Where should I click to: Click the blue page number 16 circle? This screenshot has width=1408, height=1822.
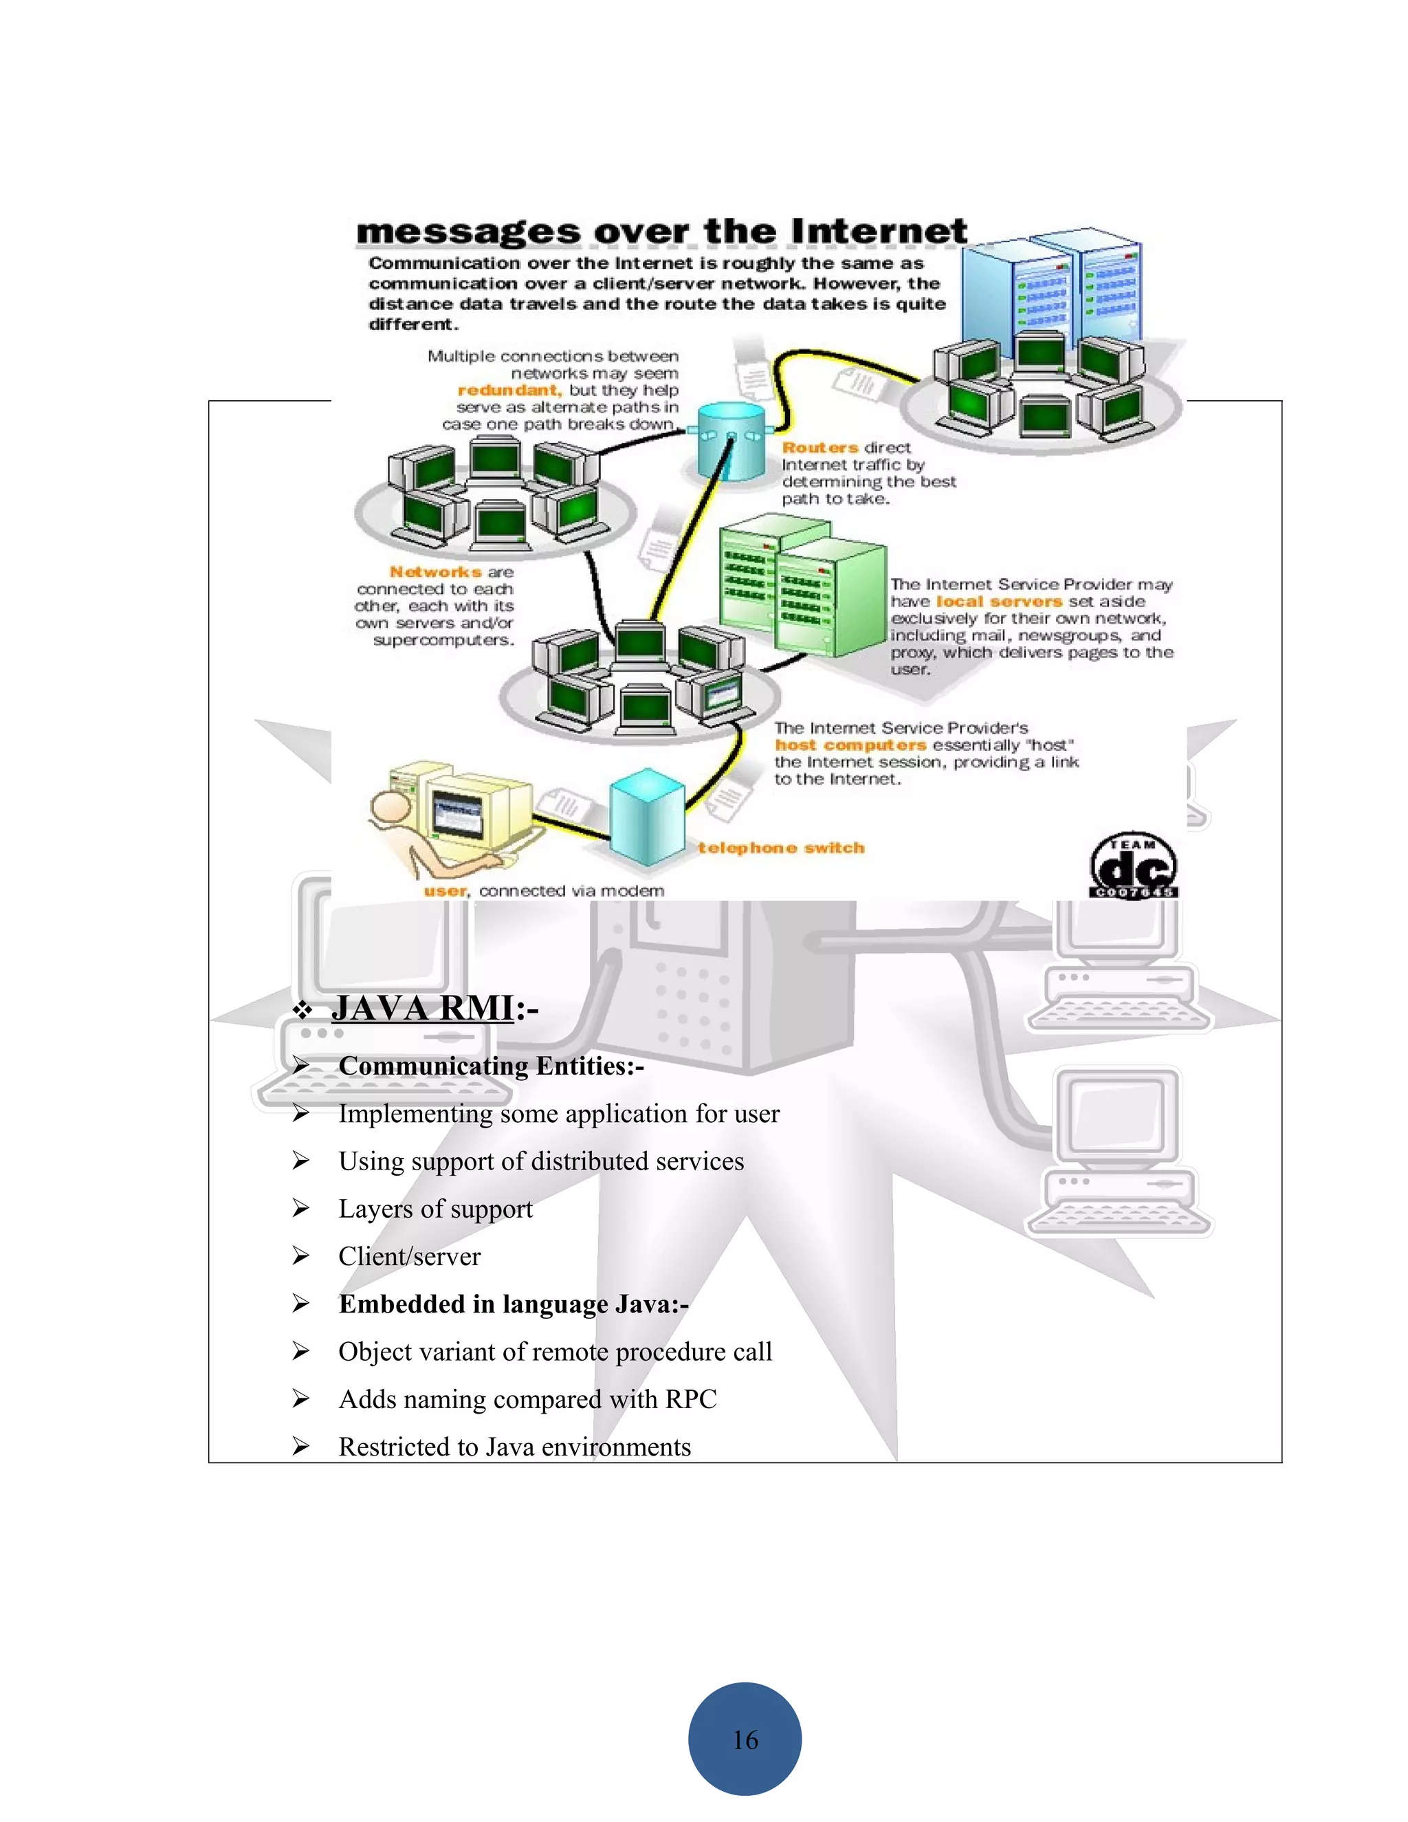click(x=744, y=1739)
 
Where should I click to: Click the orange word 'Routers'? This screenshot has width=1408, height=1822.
click(x=820, y=448)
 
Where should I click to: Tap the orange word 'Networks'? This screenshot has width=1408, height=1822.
click(x=435, y=572)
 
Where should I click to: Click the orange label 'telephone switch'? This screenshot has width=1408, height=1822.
click(x=781, y=848)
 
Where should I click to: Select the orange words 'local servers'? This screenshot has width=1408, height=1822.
click(x=998, y=602)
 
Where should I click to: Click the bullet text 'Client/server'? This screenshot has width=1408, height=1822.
click(x=409, y=1256)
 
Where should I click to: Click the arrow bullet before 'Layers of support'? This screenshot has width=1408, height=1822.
click(x=301, y=1209)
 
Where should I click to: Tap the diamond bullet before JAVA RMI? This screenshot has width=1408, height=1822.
click(x=302, y=1011)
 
